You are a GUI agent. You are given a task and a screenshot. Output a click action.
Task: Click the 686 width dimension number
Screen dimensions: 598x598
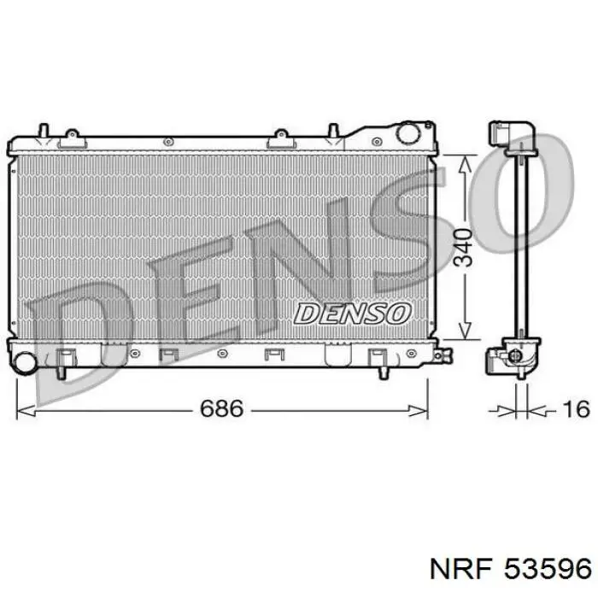tap(221, 408)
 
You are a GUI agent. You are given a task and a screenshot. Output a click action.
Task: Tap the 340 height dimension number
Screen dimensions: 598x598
tap(463, 247)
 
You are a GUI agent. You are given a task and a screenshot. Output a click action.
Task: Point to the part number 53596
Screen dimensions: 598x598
tap(548, 570)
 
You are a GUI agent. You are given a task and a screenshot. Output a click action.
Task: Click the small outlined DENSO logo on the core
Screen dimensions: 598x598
tap(352, 314)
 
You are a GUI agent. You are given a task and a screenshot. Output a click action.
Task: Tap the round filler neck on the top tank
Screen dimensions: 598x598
tap(408, 133)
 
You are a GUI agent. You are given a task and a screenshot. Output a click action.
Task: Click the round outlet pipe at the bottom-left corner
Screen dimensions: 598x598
tap(25, 362)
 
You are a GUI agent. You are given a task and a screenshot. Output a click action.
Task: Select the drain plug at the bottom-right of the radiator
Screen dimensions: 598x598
tap(443, 355)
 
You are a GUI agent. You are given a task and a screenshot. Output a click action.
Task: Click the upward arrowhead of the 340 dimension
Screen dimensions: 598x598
tap(465, 167)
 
